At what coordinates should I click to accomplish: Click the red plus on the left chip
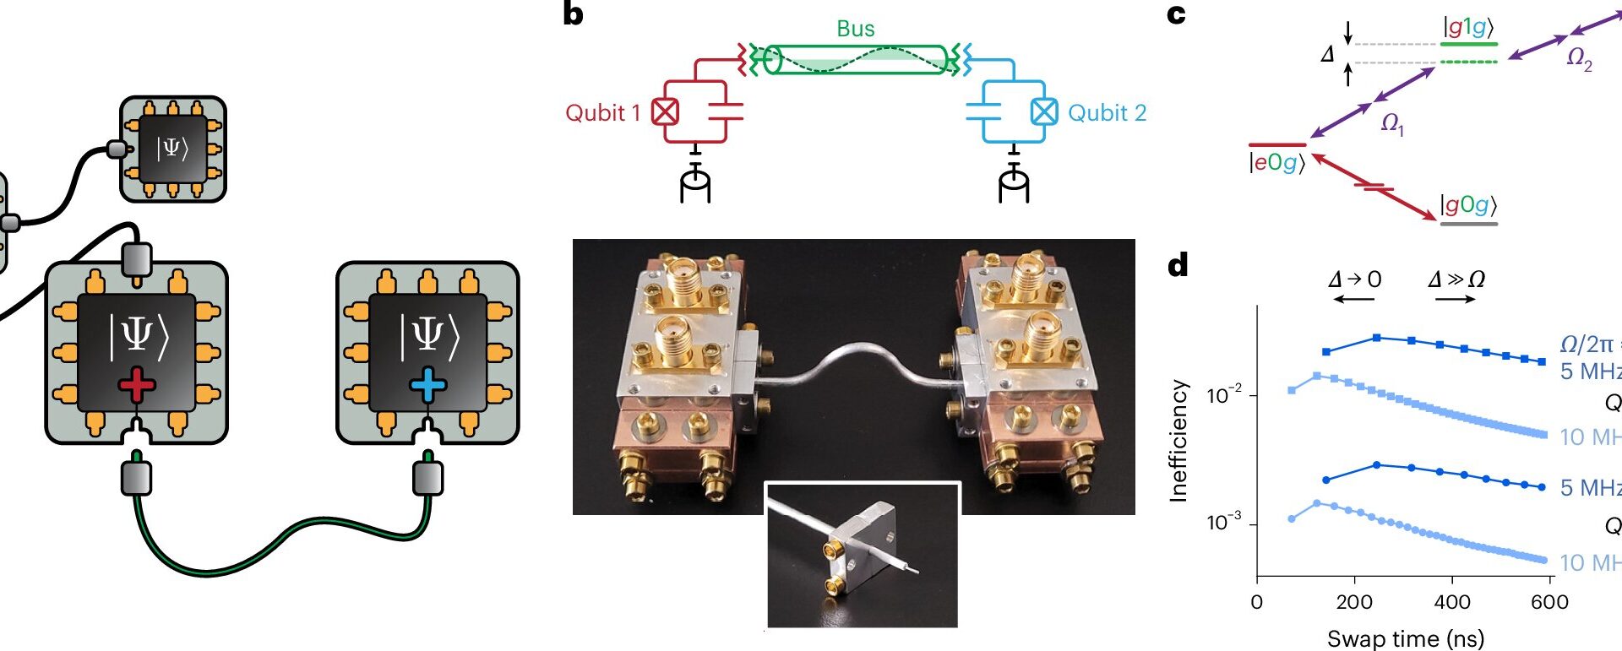[137, 386]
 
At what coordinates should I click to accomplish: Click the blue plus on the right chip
[427, 386]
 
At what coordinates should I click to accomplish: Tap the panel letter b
[573, 14]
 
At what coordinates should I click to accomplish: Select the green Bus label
[855, 29]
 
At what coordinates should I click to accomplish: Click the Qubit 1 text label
[602, 113]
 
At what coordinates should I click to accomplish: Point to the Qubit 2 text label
[1107, 113]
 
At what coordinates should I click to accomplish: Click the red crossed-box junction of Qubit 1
[666, 111]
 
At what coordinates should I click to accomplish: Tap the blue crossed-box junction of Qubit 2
[1044, 111]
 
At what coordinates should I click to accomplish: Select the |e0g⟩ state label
[1276, 162]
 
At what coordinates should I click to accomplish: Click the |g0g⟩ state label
[1468, 204]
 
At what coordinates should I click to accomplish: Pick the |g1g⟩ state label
[1468, 27]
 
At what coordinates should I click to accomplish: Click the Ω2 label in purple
[1579, 58]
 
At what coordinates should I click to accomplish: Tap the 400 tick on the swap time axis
[1452, 602]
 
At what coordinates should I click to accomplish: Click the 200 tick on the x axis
[1354, 602]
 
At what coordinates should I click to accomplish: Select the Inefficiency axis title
[1178, 441]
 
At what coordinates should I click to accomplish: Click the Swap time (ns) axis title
[1405, 638]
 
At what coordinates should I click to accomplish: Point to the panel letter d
[1178, 266]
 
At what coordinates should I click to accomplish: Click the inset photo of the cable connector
[862, 555]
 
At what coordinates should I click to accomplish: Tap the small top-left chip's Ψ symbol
[171, 149]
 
